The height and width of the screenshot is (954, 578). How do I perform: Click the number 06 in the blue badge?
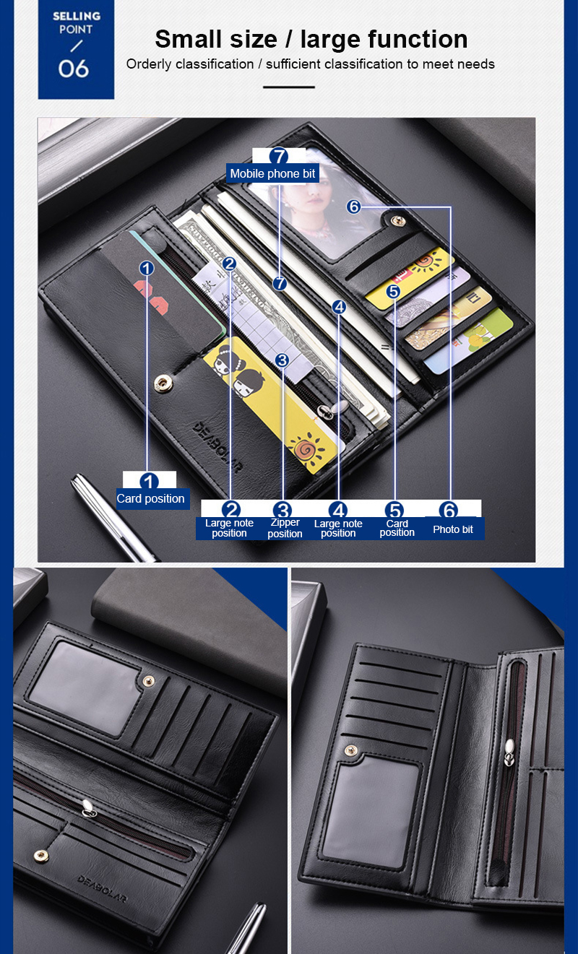tap(74, 69)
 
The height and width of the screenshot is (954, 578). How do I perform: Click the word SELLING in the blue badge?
tap(77, 16)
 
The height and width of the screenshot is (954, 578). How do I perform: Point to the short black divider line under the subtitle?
tap(289, 87)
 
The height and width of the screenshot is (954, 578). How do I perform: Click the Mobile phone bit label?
tap(272, 173)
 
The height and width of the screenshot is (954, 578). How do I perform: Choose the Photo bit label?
tap(453, 529)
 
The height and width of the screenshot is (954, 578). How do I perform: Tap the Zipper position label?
tap(285, 528)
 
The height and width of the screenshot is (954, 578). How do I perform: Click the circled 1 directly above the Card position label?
tap(149, 481)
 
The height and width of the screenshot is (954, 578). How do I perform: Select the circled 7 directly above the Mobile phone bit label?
tap(279, 156)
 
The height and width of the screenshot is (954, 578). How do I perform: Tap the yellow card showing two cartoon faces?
tap(272, 404)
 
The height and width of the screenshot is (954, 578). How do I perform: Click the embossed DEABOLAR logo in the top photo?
tap(217, 447)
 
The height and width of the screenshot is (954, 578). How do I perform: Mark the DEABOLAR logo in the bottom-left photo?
tap(101, 889)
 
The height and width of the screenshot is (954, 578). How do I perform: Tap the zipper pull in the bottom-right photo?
tap(509, 752)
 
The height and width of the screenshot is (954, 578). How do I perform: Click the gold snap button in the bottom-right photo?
tap(351, 751)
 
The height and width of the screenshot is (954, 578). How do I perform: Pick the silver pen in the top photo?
tap(113, 519)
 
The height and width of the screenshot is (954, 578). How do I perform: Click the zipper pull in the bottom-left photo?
tap(89, 808)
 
